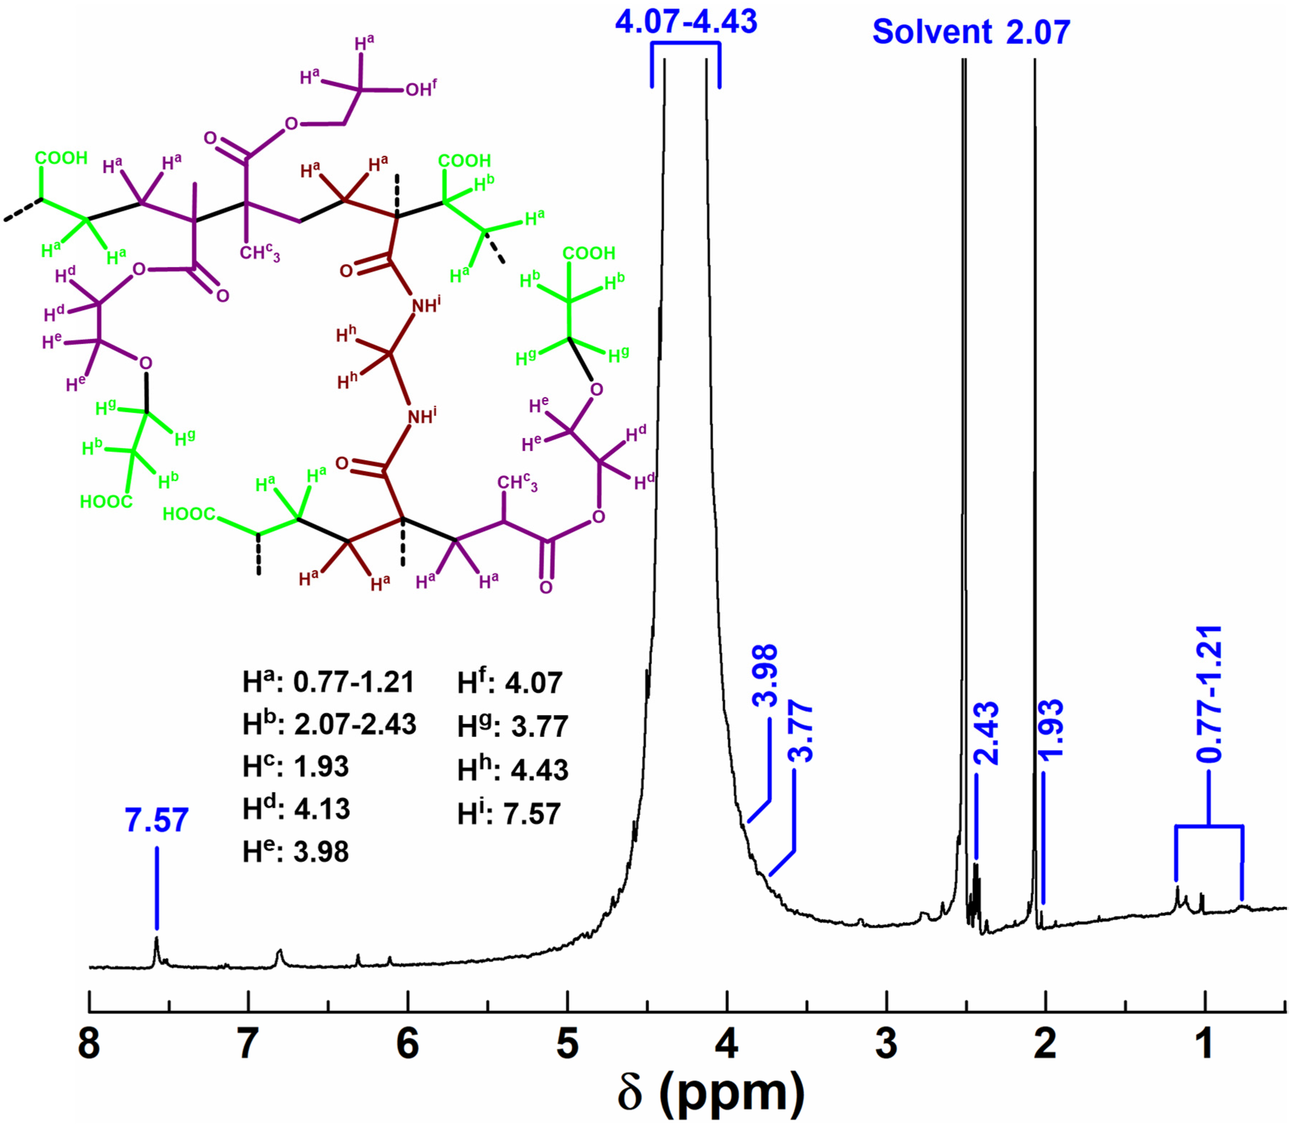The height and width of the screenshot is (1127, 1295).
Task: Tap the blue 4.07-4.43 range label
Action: (686, 22)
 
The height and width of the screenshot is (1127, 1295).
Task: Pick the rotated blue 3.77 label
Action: (801, 733)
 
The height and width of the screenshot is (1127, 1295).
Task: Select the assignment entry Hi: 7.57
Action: (509, 814)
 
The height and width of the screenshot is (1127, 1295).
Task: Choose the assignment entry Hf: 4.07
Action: (510, 683)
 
